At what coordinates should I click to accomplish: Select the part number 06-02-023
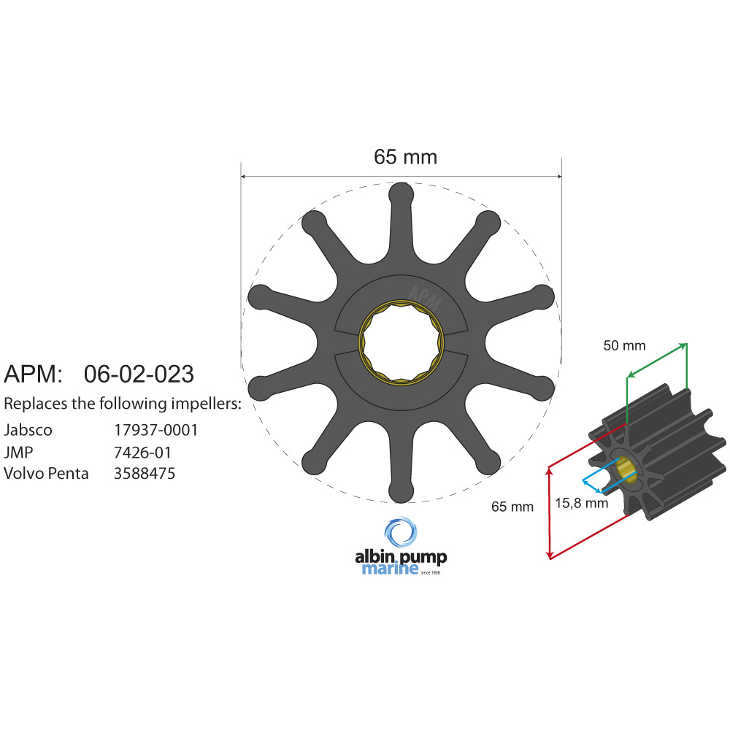coord(139,374)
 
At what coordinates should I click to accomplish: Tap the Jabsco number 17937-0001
coord(155,430)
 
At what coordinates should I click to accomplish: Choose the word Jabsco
coord(28,430)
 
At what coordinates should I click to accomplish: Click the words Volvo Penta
coord(46,474)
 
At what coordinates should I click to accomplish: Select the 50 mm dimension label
coord(624,346)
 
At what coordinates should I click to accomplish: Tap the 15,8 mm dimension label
coord(581,503)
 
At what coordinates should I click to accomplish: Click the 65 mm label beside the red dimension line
coord(512,507)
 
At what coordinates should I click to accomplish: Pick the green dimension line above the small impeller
coord(657,361)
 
